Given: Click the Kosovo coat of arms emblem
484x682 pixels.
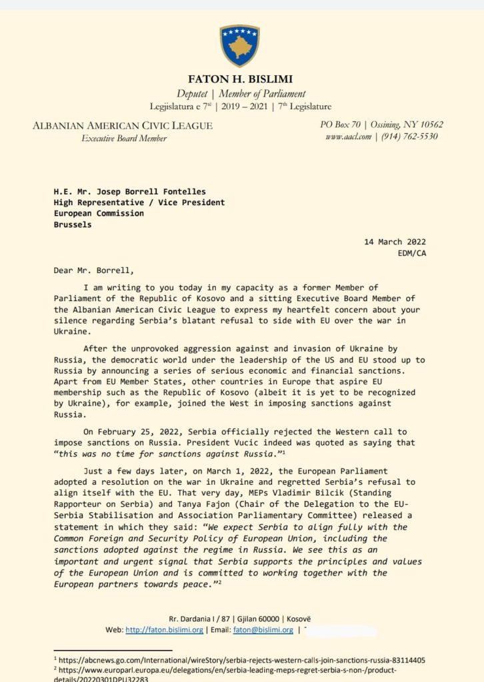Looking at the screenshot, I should click(239, 45).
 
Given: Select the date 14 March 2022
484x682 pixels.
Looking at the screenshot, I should click(395, 242).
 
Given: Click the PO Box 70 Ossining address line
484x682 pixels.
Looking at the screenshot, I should click(381, 125).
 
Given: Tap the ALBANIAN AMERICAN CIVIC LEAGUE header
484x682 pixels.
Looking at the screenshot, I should click(123, 125).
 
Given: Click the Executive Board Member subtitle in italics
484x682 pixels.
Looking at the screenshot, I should click(124, 138).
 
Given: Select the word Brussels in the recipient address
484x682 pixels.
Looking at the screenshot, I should click(73, 224).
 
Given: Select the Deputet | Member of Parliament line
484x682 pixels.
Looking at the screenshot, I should click(241, 94).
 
